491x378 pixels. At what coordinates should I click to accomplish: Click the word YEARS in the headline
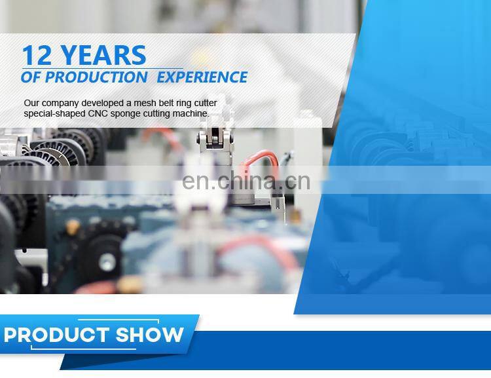click(x=104, y=56)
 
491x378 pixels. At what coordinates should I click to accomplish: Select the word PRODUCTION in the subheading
click(x=96, y=77)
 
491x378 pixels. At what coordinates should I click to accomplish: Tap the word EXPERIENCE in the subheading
click(x=204, y=77)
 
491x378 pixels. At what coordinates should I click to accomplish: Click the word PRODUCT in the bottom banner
click(x=56, y=335)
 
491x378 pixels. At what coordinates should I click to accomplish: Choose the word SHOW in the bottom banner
click(x=150, y=335)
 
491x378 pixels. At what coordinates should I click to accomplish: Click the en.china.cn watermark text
click(x=246, y=181)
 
